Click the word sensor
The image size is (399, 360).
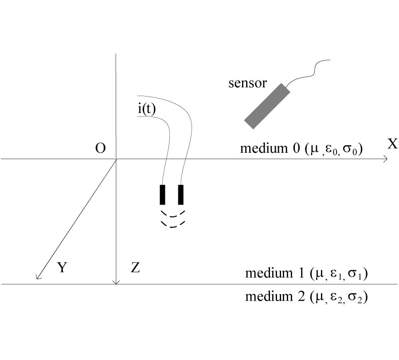247,83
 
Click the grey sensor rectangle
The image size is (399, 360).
267,106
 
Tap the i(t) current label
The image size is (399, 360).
146,109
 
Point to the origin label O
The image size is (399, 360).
101,148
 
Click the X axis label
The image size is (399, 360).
392,144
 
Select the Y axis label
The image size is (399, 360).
62,267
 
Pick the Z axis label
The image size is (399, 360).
136,267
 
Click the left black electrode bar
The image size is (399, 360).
163,195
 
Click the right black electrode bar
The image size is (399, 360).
180,195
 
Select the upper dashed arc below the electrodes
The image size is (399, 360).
172,215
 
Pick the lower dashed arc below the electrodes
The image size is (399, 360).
172,225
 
